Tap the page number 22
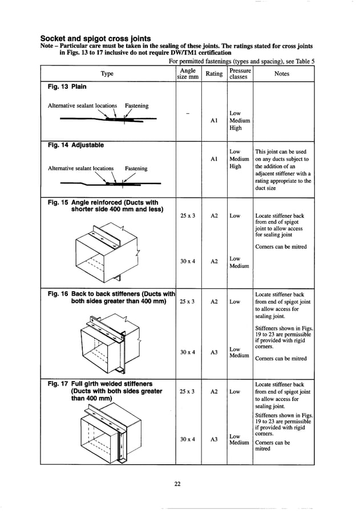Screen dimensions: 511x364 coord(177,484)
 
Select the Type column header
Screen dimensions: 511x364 coord(107,73)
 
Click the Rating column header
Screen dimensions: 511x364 coord(214,73)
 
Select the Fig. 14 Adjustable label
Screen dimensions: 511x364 coord(75,145)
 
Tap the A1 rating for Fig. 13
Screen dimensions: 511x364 coord(214,121)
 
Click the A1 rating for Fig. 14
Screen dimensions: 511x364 coord(214,160)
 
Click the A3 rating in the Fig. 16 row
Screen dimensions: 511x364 coord(214,352)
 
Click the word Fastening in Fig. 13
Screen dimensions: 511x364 coord(136,105)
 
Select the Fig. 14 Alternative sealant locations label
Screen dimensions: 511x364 coord(80,168)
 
